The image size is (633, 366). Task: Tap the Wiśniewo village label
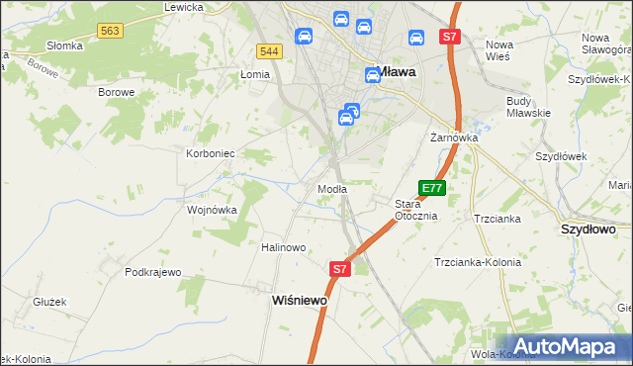pyautogui.click(x=299, y=300)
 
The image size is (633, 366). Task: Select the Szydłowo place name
pyautogui.click(x=588, y=229)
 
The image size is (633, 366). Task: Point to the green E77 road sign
pyautogui.click(x=432, y=187)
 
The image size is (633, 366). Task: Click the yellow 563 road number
pyautogui.click(x=110, y=32)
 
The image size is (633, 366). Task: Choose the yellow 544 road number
pyautogui.click(x=267, y=50)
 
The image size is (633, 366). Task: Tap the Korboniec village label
pyautogui.click(x=210, y=153)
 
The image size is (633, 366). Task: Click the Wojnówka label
pyautogui.click(x=212, y=210)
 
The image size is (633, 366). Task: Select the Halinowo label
pyautogui.click(x=283, y=247)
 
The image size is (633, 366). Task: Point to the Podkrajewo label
pyautogui.click(x=153, y=272)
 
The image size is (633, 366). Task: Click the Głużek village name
pyautogui.click(x=48, y=303)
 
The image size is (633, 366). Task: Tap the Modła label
pyautogui.click(x=331, y=189)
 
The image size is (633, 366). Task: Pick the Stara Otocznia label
pyautogui.click(x=415, y=209)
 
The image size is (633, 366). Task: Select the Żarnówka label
pyautogui.click(x=454, y=137)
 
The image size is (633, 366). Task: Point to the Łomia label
pyautogui.click(x=255, y=75)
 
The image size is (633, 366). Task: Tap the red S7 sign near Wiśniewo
pyautogui.click(x=339, y=268)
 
